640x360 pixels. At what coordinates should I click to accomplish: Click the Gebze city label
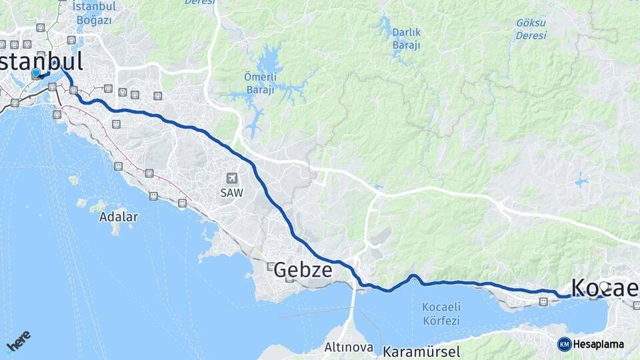[x=303, y=269]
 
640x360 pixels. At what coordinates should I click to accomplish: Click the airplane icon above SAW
[x=231, y=178]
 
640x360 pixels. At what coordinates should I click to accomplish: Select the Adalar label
[x=119, y=217]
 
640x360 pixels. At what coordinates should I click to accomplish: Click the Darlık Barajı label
[x=406, y=38]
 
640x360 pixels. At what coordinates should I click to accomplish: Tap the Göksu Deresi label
[x=531, y=29]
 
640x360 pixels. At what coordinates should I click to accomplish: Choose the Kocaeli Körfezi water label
[x=441, y=314]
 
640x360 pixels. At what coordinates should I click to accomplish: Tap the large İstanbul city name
[x=41, y=61]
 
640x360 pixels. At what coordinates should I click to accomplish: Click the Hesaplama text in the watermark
[x=599, y=345]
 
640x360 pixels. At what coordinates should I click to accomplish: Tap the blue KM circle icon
[x=565, y=344]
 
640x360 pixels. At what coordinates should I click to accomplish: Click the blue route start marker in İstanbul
[x=36, y=73]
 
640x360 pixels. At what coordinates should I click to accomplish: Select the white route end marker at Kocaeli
[x=604, y=287]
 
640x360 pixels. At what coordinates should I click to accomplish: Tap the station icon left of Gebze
[x=271, y=267]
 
